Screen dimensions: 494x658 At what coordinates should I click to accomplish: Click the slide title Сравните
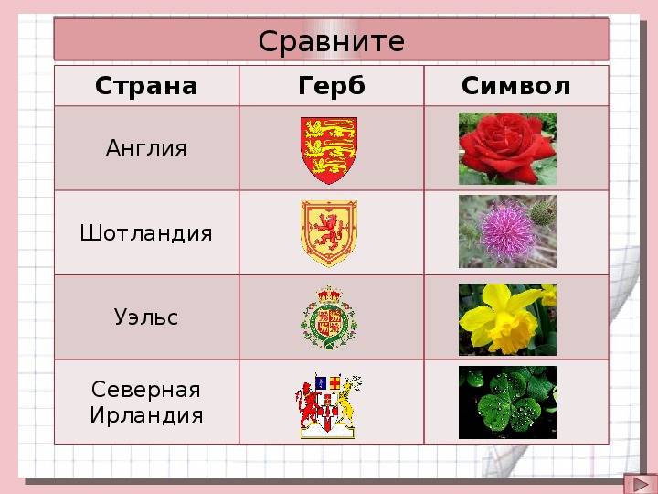pyautogui.click(x=331, y=41)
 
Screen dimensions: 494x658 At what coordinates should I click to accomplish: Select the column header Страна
pyautogui.click(x=146, y=86)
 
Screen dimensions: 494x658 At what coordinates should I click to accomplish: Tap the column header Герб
pyautogui.click(x=331, y=86)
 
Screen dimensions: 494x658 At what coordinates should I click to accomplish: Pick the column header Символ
pyautogui.click(x=515, y=86)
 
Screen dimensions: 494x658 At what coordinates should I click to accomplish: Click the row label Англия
pyautogui.click(x=146, y=148)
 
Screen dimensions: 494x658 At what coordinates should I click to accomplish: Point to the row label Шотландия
pyautogui.click(x=146, y=233)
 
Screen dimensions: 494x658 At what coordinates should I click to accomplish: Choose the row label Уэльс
pyautogui.click(x=146, y=317)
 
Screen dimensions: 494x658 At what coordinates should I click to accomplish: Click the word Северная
pyautogui.click(x=146, y=390)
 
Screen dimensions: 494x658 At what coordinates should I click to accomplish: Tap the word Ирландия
pyautogui.click(x=146, y=415)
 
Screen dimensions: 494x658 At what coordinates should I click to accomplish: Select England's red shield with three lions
pyautogui.click(x=329, y=149)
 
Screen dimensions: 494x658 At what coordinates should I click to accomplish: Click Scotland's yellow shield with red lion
pyautogui.click(x=329, y=233)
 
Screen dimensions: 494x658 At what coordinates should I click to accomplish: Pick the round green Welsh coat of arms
pyautogui.click(x=329, y=319)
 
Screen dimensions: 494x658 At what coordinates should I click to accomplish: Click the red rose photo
pyautogui.click(x=507, y=148)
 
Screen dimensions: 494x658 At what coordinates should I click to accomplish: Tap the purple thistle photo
pyautogui.click(x=507, y=232)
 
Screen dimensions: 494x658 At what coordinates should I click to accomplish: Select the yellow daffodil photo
pyautogui.click(x=507, y=318)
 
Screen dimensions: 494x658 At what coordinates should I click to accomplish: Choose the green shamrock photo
pyautogui.click(x=507, y=403)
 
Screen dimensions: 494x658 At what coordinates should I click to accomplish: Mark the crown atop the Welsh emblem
pyautogui.click(x=329, y=295)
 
